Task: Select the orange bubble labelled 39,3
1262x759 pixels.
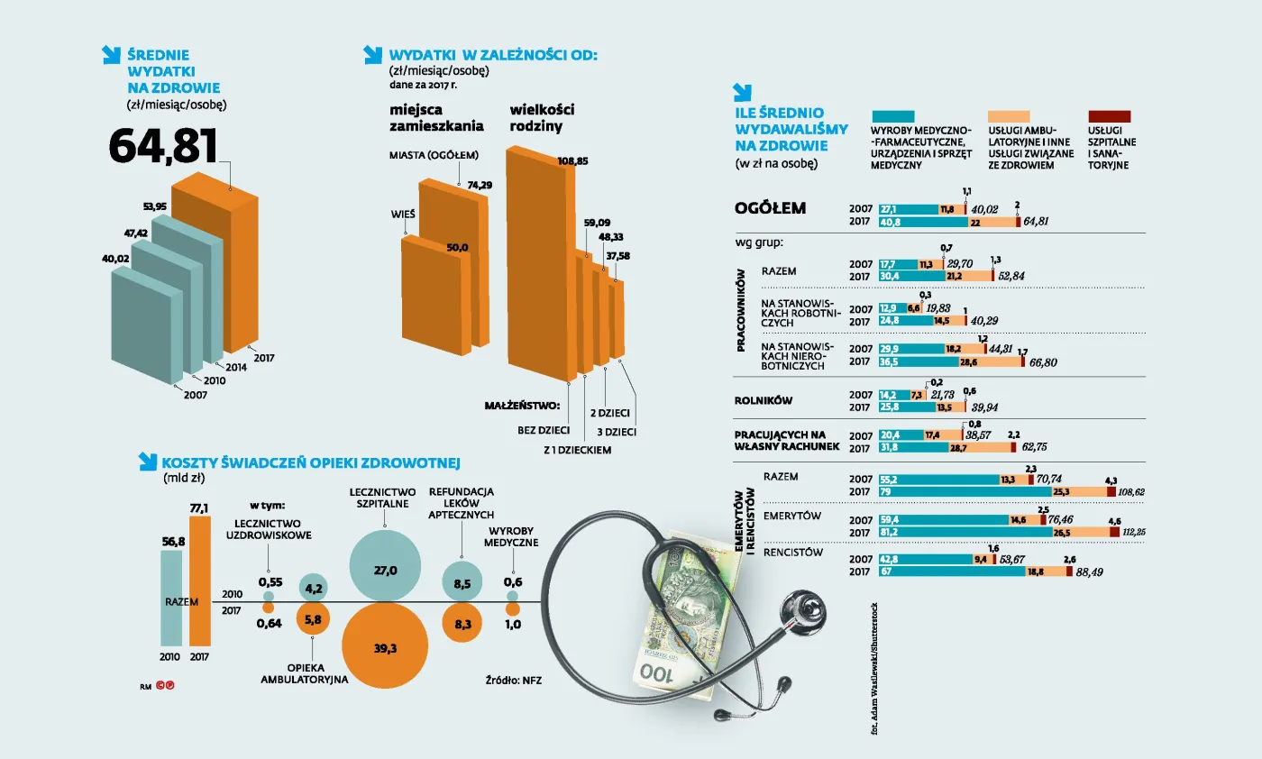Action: tap(385, 646)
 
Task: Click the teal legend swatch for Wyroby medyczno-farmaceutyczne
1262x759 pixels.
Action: tap(893, 116)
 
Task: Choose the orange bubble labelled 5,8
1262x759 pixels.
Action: tap(313, 620)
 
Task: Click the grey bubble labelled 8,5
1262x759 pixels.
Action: tap(462, 583)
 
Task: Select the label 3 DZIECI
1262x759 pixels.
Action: tap(617, 432)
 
